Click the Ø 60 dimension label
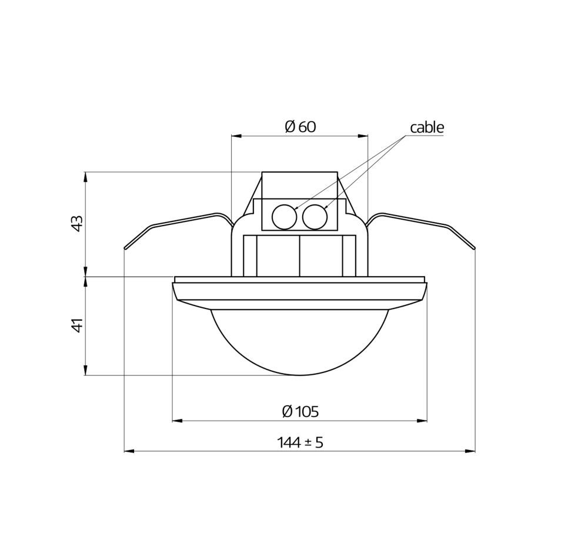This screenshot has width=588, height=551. pyautogui.click(x=300, y=127)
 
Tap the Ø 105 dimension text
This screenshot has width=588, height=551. pyautogui.click(x=300, y=412)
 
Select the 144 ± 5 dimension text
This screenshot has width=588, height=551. pyautogui.click(x=300, y=442)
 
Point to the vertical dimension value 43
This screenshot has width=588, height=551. pyautogui.click(x=77, y=223)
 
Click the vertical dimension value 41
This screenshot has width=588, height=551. pyautogui.click(x=77, y=325)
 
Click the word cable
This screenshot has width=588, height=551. pyautogui.click(x=427, y=127)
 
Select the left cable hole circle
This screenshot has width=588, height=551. pyautogui.click(x=284, y=217)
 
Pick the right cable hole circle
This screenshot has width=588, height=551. pyautogui.click(x=315, y=217)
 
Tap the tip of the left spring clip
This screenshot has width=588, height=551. pyautogui.click(x=125, y=248)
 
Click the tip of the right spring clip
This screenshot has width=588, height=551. pyautogui.click(x=474, y=248)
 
